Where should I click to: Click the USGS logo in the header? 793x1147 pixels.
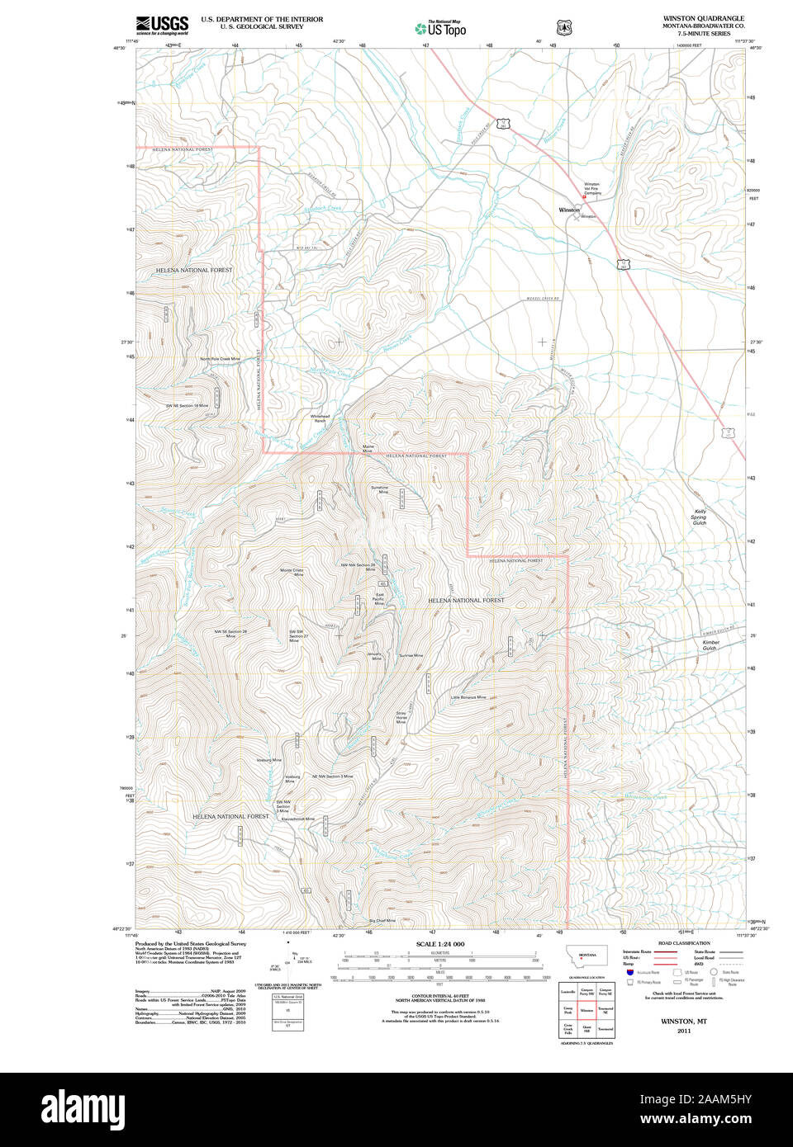point(162,24)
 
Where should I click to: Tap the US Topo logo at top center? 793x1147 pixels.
point(440,28)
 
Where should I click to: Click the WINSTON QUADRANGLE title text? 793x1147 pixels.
point(703,18)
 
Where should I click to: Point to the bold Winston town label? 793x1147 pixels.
point(569,210)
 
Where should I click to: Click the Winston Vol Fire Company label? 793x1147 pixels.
point(592,188)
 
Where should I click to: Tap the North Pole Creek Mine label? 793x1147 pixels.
point(220,359)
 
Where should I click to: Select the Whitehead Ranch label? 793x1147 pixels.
point(320,418)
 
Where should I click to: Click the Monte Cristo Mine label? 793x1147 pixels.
point(292,572)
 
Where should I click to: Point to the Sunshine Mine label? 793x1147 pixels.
point(379,489)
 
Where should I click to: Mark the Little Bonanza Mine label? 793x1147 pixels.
point(468,697)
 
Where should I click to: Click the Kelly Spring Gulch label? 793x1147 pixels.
point(700,517)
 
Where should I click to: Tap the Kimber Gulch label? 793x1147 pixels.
point(710,645)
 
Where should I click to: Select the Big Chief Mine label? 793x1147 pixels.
point(382,920)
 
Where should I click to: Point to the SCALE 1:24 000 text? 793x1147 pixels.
point(439,944)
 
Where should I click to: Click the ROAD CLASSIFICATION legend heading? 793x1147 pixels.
point(683,943)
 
